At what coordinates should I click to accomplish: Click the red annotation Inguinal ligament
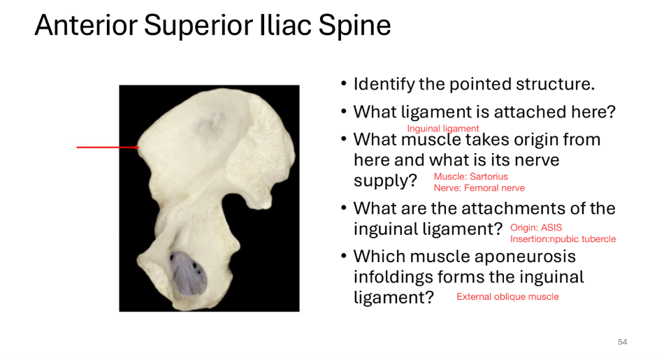tap(443, 129)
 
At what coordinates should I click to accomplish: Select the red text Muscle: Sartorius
tap(470, 177)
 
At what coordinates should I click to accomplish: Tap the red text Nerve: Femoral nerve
tap(479, 188)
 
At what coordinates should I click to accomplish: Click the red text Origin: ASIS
tap(536, 228)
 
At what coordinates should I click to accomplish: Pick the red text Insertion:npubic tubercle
tap(563, 239)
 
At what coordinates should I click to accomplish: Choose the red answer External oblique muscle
tap(507, 297)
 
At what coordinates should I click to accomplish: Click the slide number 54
tap(622, 342)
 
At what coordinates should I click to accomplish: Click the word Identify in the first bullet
tap(384, 85)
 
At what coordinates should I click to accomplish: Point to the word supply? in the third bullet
tap(385, 181)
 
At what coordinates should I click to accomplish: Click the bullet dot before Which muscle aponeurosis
tap(343, 257)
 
